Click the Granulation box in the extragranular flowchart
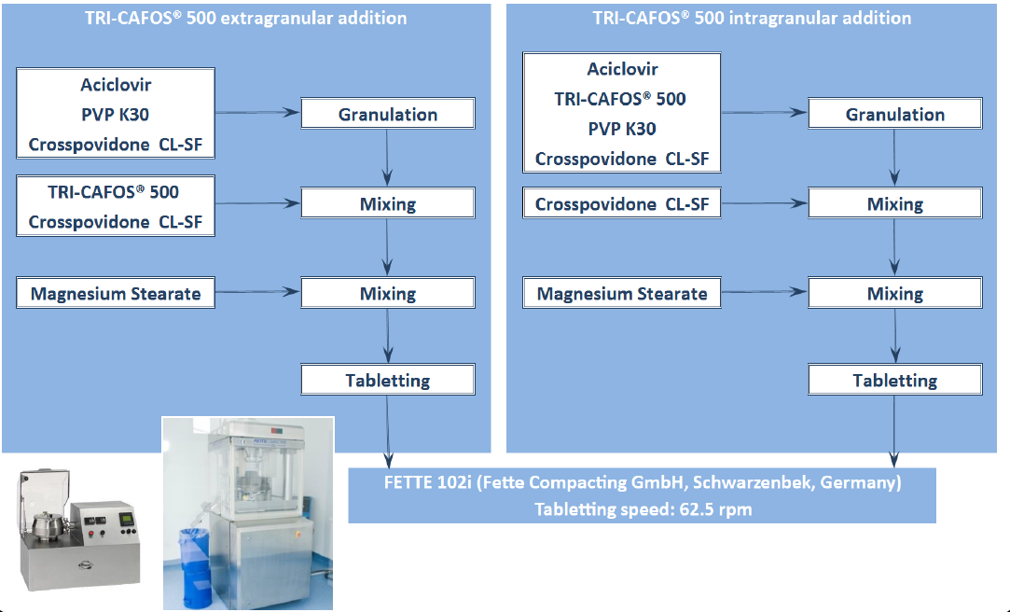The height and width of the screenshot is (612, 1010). (388, 115)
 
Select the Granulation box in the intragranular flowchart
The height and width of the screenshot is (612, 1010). (895, 115)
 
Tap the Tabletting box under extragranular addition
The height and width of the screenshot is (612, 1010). (388, 380)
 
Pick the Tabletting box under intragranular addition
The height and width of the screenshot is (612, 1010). (895, 380)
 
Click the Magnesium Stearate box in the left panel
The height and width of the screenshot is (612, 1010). (116, 294)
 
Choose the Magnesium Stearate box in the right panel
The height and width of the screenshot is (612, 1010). (622, 294)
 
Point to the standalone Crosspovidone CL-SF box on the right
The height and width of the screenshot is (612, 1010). (622, 204)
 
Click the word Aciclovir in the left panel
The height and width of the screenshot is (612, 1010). (116, 85)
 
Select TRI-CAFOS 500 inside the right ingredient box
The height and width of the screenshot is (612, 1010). (621, 99)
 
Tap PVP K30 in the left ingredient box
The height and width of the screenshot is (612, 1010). (116, 115)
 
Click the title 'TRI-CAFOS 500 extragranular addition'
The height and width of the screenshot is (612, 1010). (245, 18)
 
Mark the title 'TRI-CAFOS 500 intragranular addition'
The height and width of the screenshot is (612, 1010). (752, 18)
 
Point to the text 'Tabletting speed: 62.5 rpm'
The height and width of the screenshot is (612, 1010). (643, 509)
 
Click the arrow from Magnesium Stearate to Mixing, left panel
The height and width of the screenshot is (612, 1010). (256, 294)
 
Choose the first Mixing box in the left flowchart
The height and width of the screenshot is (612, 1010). (388, 204)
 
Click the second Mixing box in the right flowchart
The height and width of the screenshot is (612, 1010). (895, 294)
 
